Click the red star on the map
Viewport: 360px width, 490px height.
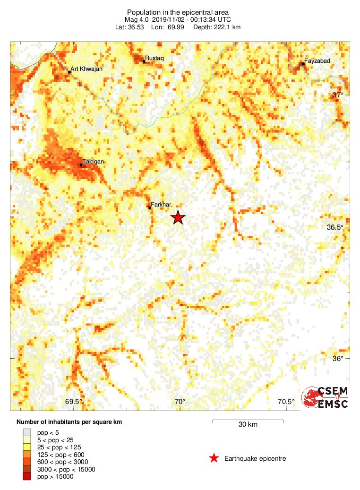(178, 217)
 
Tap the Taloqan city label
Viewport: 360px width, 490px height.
(93, 162)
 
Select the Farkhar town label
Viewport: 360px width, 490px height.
(161, 205)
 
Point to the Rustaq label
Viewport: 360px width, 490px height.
(154, 58)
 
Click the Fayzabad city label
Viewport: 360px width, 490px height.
(317, 61)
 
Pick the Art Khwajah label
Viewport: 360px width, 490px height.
(86, 69)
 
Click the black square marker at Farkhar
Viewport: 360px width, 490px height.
(149, 207)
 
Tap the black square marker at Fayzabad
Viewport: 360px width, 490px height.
(302, 64)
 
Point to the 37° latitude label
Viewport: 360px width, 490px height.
(337, 95)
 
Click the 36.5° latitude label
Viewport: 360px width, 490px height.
(335, 227)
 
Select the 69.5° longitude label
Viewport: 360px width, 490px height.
(74, 402)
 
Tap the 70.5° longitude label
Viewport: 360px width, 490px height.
(286, 402)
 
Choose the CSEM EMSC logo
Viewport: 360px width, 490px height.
(326, 397)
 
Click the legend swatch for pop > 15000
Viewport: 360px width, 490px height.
(27, 477)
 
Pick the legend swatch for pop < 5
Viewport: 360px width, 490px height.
(27, 432)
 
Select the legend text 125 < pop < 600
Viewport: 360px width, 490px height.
(59, 454)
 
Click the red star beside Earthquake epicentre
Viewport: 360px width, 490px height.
(214, 458)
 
